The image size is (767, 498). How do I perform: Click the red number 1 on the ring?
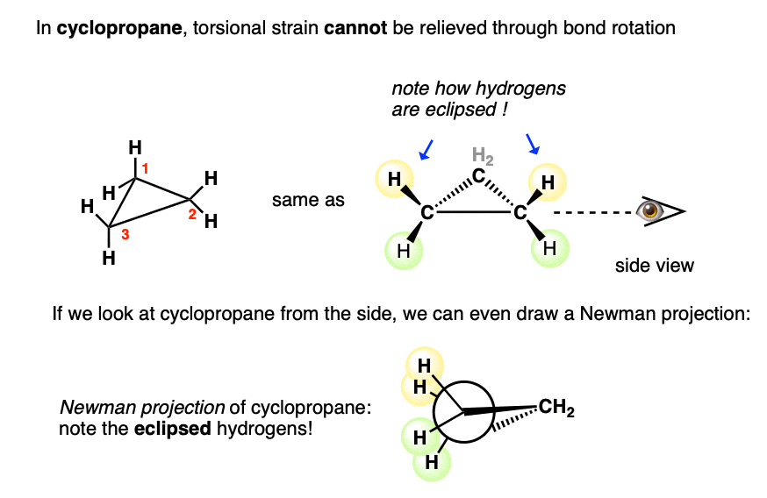point(147,167)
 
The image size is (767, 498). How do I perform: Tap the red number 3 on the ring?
point(126,234)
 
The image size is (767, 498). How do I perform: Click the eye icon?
point(650,211)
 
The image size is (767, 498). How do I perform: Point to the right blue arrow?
point(532,143)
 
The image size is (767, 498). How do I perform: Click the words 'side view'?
point(654,266)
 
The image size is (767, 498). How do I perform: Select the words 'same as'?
point(308,201)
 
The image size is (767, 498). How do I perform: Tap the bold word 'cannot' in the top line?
point(352,28)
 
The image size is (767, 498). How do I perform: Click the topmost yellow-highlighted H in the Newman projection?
point(423,364)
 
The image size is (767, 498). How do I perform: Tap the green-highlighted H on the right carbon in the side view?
point(550,248)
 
